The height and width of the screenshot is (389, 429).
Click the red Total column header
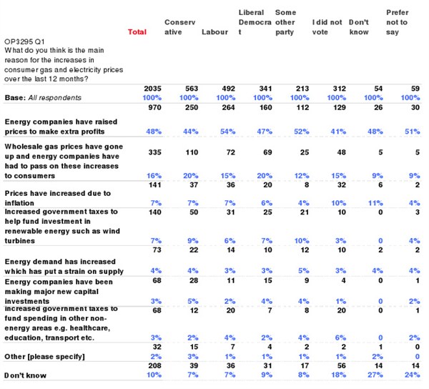pyautogui.click(x=137, y=32)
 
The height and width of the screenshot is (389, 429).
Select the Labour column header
pyautogui.click(x=214, y=32)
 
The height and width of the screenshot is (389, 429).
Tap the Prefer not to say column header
pyautogui.click(x=397, y=22)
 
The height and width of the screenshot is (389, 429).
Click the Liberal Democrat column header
pyautogui.click(x=255, y=22)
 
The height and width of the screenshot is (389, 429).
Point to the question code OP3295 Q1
pyautogui.click(x=24, y=41)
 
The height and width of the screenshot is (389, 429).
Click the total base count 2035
pyautogui.click(x=153, y=89)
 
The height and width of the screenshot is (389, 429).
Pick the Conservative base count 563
pyautogui.click(x=192, y=89)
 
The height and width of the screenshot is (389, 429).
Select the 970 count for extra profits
pyautogui.click(x=155, y=107)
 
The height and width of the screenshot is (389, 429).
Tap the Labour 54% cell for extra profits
pyautogui.click(x=227, y=132)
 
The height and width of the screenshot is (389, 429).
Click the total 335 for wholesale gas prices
pyautogui.click(x=155, y=152)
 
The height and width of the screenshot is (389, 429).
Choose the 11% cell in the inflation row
pyautogui.click(x=375, y=203)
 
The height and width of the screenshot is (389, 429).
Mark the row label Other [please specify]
pyautogui.click(x=44, y=357)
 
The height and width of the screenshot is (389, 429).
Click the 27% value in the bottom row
pyautogui.click(x=375, y=375)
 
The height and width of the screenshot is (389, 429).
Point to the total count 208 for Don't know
pyautogui.click(x=155, y=365)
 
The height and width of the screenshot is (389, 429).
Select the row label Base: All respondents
pyautogui.click(x=43, y=98)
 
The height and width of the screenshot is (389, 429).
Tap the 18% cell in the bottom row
pyautogui.click(x=338, y=375)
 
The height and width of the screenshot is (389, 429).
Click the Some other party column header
pyautogui.click(x=285, y=22)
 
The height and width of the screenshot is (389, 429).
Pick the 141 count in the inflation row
pyautogui.click(x=155, y=185)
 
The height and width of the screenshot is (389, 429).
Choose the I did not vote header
pyautogui.click(x=327, y=27)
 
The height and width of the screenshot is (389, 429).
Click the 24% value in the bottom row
pyautogui.click(x=412, y=375)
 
